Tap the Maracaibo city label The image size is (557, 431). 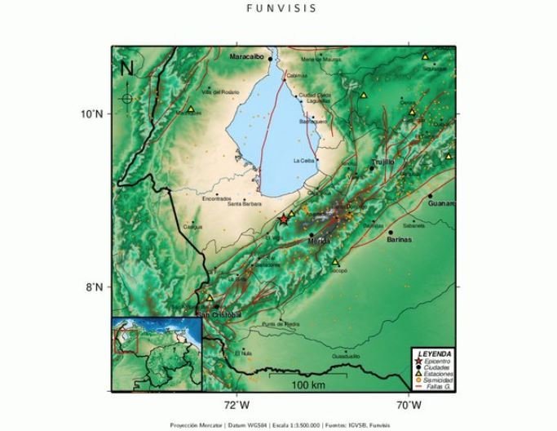pos(248,58)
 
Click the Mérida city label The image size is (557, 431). pos(318,242)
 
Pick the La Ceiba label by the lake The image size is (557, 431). pos(304,161)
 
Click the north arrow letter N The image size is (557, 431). pos(126,69)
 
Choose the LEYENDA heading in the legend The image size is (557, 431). pos(433,353)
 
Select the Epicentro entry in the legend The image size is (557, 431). pos(438,360)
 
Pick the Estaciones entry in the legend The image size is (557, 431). pos(439,374)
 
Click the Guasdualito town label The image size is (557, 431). pos(346,357)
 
